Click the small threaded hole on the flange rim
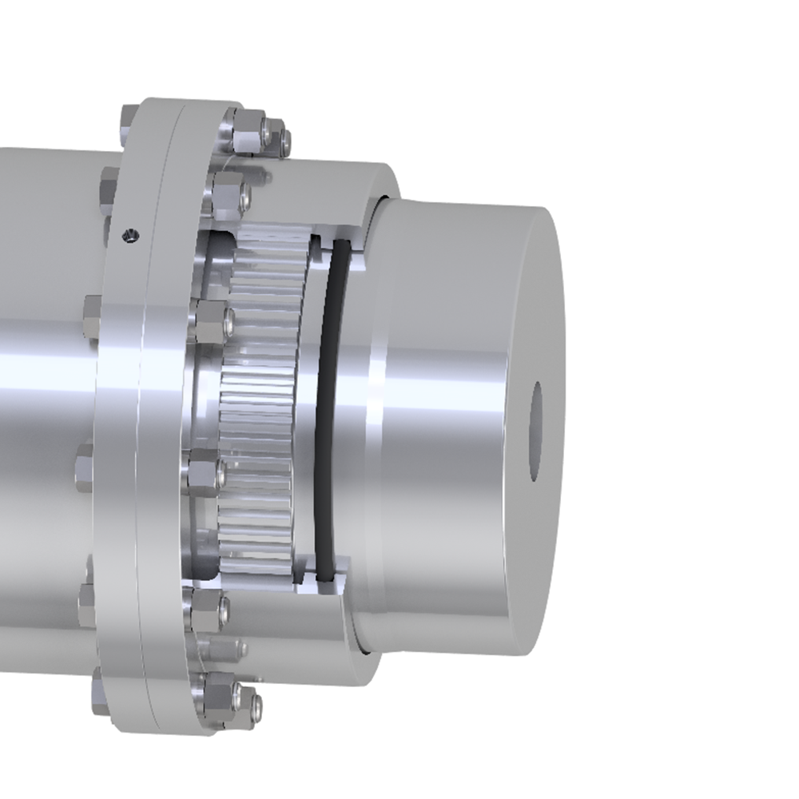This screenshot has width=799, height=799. click(x=125, y=234)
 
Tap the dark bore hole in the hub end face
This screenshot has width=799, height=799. click(x=537, y=431)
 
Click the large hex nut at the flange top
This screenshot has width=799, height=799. click(x=246, y=130)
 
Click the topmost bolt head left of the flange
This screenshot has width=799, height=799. click(x=107, y=188)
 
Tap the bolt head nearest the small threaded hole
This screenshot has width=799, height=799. click(x=107, y=188)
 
